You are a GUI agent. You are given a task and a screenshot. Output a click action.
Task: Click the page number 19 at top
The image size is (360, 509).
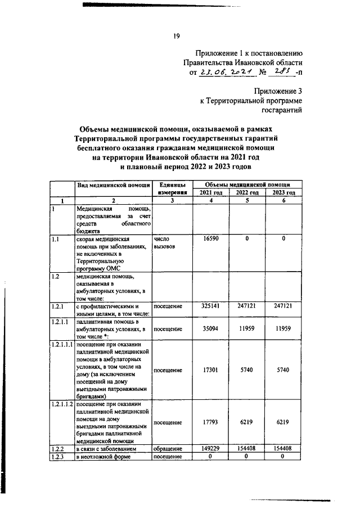coord(176,37)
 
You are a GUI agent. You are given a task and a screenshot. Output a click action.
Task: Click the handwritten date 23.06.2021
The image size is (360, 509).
coord(225,72)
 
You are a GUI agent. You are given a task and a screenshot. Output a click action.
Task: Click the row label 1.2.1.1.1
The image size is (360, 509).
coord(62,345)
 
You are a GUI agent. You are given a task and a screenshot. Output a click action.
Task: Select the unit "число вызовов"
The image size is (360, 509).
coord(164,243)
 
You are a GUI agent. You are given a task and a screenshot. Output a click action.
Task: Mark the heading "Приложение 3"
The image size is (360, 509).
coord(278,91)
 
